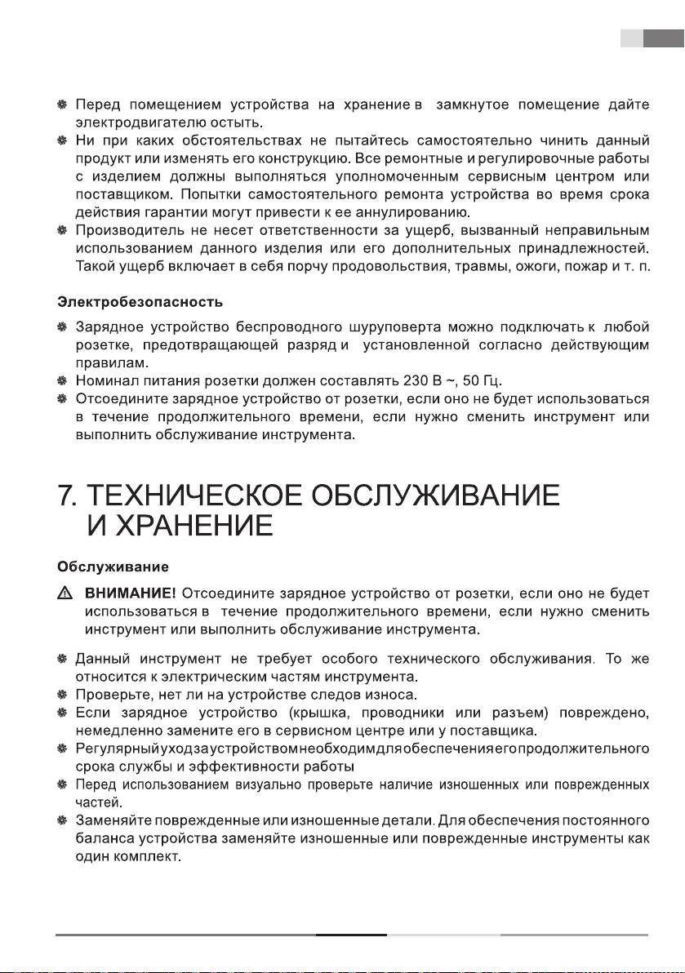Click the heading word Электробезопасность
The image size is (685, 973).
point(140,303)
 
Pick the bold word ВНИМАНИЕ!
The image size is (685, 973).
point(131,593)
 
